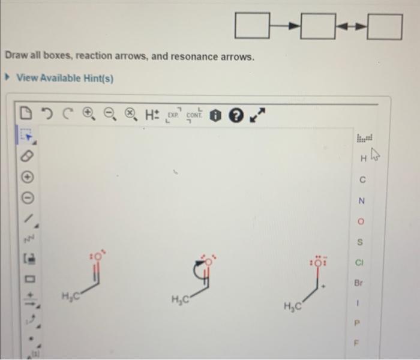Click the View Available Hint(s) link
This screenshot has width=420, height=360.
tap(65, 78)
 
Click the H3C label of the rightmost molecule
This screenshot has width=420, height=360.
tap(294, 307)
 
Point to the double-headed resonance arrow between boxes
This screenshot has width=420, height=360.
tap(351, 26)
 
